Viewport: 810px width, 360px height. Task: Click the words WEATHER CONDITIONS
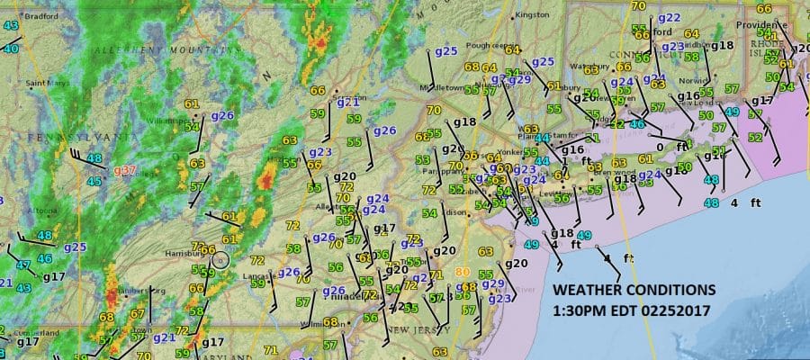coord(634,291)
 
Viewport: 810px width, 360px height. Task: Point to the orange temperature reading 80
coord(463,271)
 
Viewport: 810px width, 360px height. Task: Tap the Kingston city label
coord(532,14)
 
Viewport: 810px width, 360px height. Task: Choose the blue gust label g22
coord(669,17)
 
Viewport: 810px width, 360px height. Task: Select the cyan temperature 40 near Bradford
coord(11,48)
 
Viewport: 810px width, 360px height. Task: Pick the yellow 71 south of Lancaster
coord(269,349)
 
